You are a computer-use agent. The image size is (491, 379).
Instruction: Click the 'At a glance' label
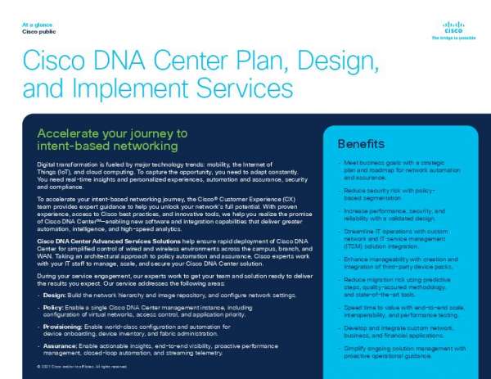point(36,25)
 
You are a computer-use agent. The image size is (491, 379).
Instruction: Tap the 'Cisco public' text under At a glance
point(38,32)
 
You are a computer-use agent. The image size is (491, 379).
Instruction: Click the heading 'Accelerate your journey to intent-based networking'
point(113,139)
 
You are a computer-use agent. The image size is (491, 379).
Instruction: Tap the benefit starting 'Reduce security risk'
point(394,193)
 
